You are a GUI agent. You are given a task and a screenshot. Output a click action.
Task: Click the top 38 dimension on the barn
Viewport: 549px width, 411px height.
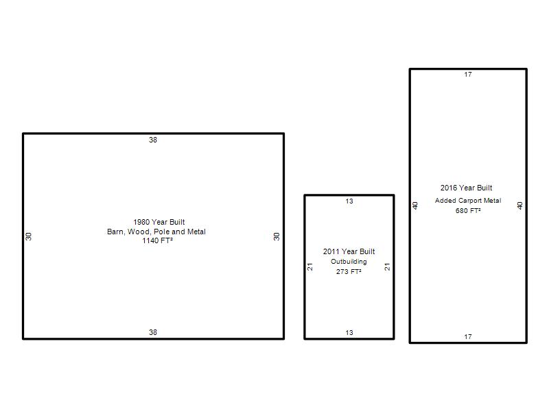point(153,140)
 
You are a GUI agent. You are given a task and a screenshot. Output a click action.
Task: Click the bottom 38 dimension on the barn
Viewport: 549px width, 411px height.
point(153,332)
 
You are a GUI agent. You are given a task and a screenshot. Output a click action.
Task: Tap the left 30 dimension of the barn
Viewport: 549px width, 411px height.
point(28,236)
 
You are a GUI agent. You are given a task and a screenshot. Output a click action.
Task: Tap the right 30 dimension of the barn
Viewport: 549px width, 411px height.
point(277,236)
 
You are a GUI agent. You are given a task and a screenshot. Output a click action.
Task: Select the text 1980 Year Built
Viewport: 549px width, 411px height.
point(159,222)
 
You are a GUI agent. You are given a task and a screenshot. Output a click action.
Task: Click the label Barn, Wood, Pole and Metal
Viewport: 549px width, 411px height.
point(156,232)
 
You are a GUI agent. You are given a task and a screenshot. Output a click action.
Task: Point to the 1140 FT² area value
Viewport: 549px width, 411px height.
point(157,240)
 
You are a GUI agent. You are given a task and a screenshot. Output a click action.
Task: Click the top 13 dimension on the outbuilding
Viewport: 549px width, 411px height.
point(349,201)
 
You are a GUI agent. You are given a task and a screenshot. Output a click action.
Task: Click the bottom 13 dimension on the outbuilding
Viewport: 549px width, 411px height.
point(349,332)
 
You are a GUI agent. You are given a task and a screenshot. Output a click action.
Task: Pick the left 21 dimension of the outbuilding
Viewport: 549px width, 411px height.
point(310,266)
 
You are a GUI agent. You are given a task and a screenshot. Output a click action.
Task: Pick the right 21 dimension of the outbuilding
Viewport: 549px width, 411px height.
point(387,266)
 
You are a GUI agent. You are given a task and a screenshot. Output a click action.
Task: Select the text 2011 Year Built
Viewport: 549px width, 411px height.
point(349,251)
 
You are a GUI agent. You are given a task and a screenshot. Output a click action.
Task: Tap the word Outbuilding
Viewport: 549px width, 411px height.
point(349,262)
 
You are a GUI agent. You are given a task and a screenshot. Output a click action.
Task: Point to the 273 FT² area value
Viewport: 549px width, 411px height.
point(349,271)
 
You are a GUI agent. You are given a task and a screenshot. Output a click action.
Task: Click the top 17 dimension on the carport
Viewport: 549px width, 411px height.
point(468,75)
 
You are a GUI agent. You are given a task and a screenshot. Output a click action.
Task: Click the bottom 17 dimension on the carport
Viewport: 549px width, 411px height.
point(468,337)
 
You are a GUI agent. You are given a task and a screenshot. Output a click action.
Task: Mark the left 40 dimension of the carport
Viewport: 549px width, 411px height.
point(415,206)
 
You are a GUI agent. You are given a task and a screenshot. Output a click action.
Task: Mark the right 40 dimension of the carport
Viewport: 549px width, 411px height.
point(520,206)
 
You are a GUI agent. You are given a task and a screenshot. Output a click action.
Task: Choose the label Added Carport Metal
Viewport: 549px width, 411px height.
point(468,201)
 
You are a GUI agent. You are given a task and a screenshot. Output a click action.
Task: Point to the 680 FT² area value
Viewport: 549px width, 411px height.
point(468,211)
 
